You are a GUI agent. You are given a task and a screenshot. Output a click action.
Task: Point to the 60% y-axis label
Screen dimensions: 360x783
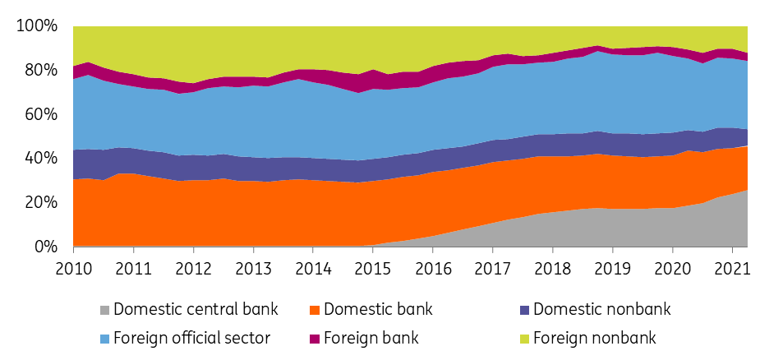click(x=40, y=114)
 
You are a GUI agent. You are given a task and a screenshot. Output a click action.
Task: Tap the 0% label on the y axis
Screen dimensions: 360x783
click(x=44, y=247)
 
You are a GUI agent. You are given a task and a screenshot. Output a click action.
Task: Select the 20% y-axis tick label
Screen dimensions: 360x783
click(x=40, y=202)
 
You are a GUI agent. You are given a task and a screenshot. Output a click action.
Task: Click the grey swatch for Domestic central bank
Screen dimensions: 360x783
click(x=104, y=310)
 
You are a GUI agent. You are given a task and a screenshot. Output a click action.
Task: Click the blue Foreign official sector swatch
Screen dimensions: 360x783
click(x=104, y=336)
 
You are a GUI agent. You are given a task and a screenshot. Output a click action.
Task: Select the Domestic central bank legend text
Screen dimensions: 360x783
click(x=196, y=310)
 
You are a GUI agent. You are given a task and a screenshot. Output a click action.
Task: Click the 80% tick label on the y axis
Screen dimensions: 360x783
click(x=40, y=70)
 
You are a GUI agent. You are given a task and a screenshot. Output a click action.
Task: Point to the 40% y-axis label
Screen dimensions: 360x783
click(x=40, y=158)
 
